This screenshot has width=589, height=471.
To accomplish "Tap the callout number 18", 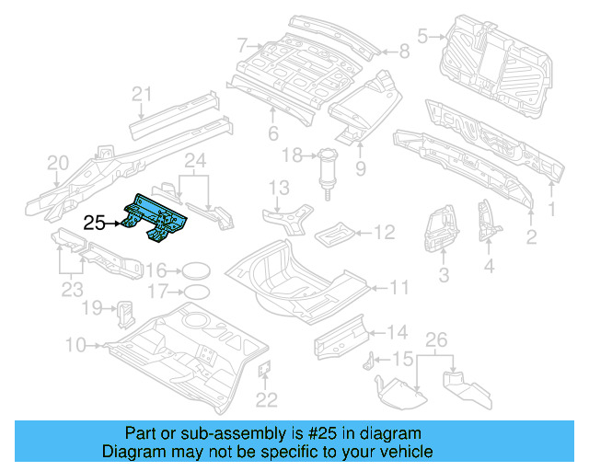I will point(293,156).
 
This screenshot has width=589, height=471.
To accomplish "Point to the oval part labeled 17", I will point(194,293).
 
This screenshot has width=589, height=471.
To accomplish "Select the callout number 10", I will point(76,345).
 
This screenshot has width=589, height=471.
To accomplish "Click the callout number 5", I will point(423,37).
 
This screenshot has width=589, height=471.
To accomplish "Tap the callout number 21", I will point(141,93).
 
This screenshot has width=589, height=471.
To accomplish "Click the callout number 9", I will point(361,168).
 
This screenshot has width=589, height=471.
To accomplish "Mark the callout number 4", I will point(489,268).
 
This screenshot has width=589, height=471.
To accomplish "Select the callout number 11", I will point(398,288).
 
